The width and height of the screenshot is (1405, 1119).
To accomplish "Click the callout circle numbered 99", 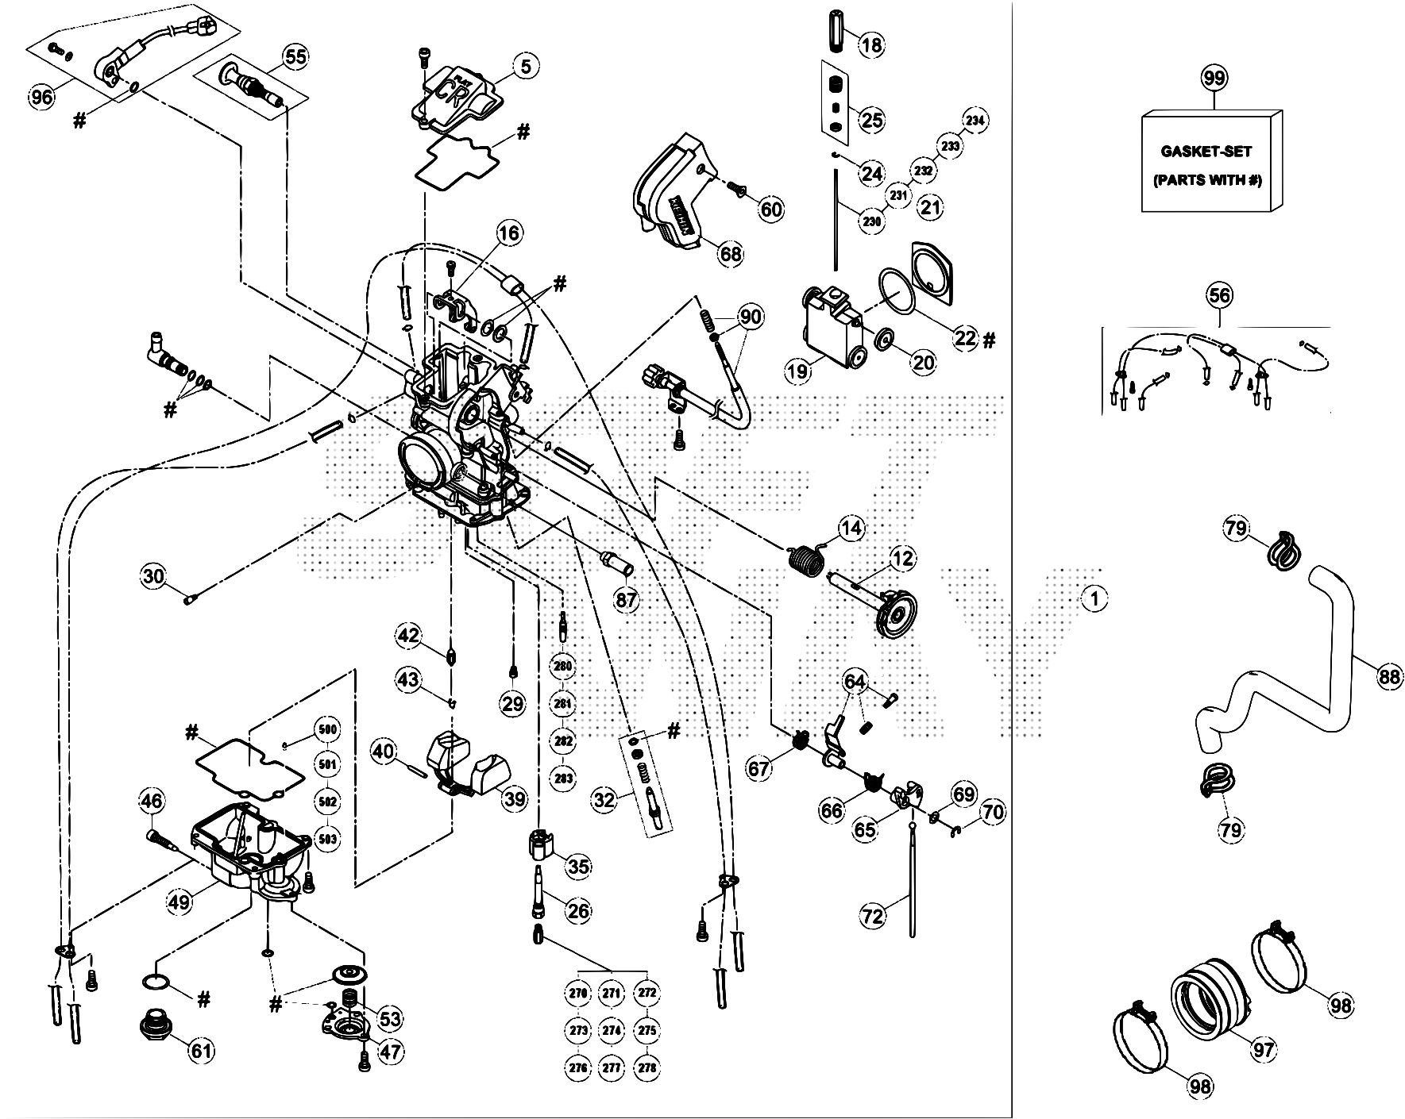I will (1214, 79).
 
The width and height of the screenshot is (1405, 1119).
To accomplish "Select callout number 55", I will (295, 57).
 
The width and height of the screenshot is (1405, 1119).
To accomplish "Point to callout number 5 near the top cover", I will (525, 66).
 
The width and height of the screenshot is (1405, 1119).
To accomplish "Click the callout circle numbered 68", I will (730, 254).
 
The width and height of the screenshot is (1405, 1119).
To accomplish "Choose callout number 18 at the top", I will (871, 44).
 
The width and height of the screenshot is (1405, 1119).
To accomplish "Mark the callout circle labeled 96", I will (41, 98).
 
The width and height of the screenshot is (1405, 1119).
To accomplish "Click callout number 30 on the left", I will (154, 575).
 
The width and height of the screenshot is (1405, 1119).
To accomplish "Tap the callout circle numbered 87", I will (627, 600).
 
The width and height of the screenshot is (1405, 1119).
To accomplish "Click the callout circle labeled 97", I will (1263, 1049).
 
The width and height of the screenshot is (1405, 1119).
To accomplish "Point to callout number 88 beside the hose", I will (1388, 677).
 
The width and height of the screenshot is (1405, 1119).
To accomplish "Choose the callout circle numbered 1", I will (1094, 599).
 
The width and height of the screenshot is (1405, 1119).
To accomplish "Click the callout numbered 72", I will (872, 917).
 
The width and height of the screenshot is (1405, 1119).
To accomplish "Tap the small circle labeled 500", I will (326, 729).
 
